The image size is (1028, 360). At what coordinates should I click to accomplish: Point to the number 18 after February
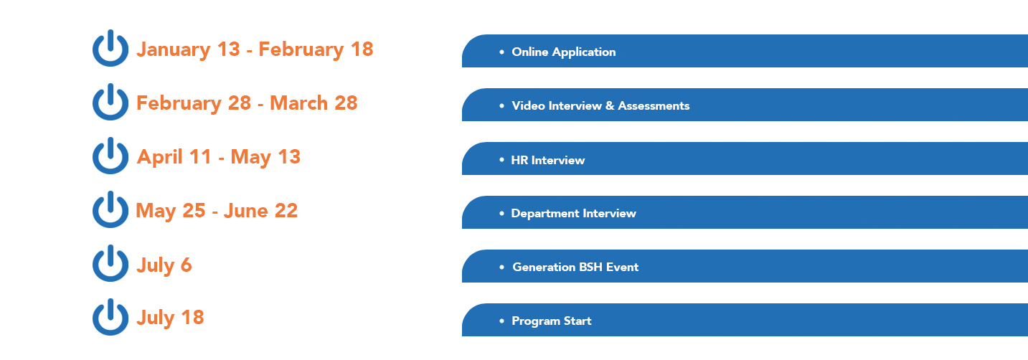tap(362, 49)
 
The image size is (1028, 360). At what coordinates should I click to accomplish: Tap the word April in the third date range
tap(160, 157)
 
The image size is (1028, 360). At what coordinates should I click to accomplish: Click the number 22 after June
tap(286, 211)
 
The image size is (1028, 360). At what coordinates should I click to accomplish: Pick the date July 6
tap(164, 265)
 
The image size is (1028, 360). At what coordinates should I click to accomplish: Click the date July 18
tap(170, 318)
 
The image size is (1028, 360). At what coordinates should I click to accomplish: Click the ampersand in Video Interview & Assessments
tap(610, 105)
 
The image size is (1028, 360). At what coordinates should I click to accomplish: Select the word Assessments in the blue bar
tap(654, 105)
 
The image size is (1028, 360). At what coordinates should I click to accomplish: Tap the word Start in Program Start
tap(577, 321)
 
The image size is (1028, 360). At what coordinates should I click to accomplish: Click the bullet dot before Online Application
tap(501, 52)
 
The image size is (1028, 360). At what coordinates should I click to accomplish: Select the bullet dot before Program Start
tap(501, 321)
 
